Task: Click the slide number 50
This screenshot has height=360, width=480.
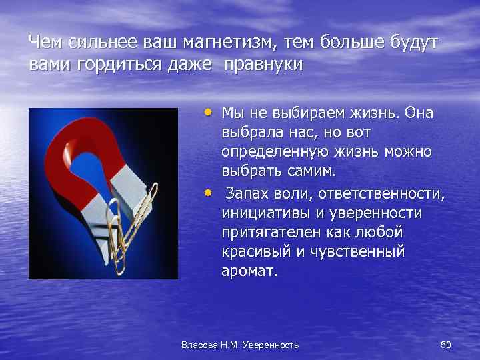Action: (446, 345)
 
